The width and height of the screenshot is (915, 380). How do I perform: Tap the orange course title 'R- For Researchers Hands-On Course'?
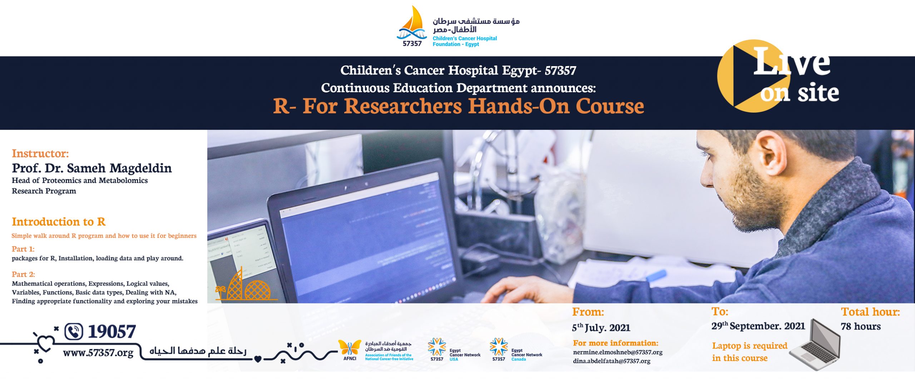tap(459, 106)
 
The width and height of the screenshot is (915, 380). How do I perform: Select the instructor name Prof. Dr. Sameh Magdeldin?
tap(92, 168)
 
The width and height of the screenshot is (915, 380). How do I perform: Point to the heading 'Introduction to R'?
tap(59, 222)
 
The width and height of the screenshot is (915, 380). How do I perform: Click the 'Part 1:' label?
tap(23, 249)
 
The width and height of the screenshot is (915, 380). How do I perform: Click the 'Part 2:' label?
tap(24, 274)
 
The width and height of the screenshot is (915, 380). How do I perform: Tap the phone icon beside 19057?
tap(74, 331)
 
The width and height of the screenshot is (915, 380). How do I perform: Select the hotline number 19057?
tap(112, 331)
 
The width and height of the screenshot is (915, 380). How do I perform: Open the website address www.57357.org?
tap(98, 353)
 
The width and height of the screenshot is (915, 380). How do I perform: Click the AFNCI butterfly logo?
tap(350, 349)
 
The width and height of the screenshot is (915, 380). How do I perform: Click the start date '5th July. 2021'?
tap(601, 327)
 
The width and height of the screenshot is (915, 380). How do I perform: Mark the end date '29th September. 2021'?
tap(758, 326)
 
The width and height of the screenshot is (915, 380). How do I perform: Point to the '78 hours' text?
tap(861, 326)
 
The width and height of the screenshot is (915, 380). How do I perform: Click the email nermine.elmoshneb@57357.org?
tap(618, 352)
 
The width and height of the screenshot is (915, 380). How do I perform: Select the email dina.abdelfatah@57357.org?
tap(612, 361)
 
